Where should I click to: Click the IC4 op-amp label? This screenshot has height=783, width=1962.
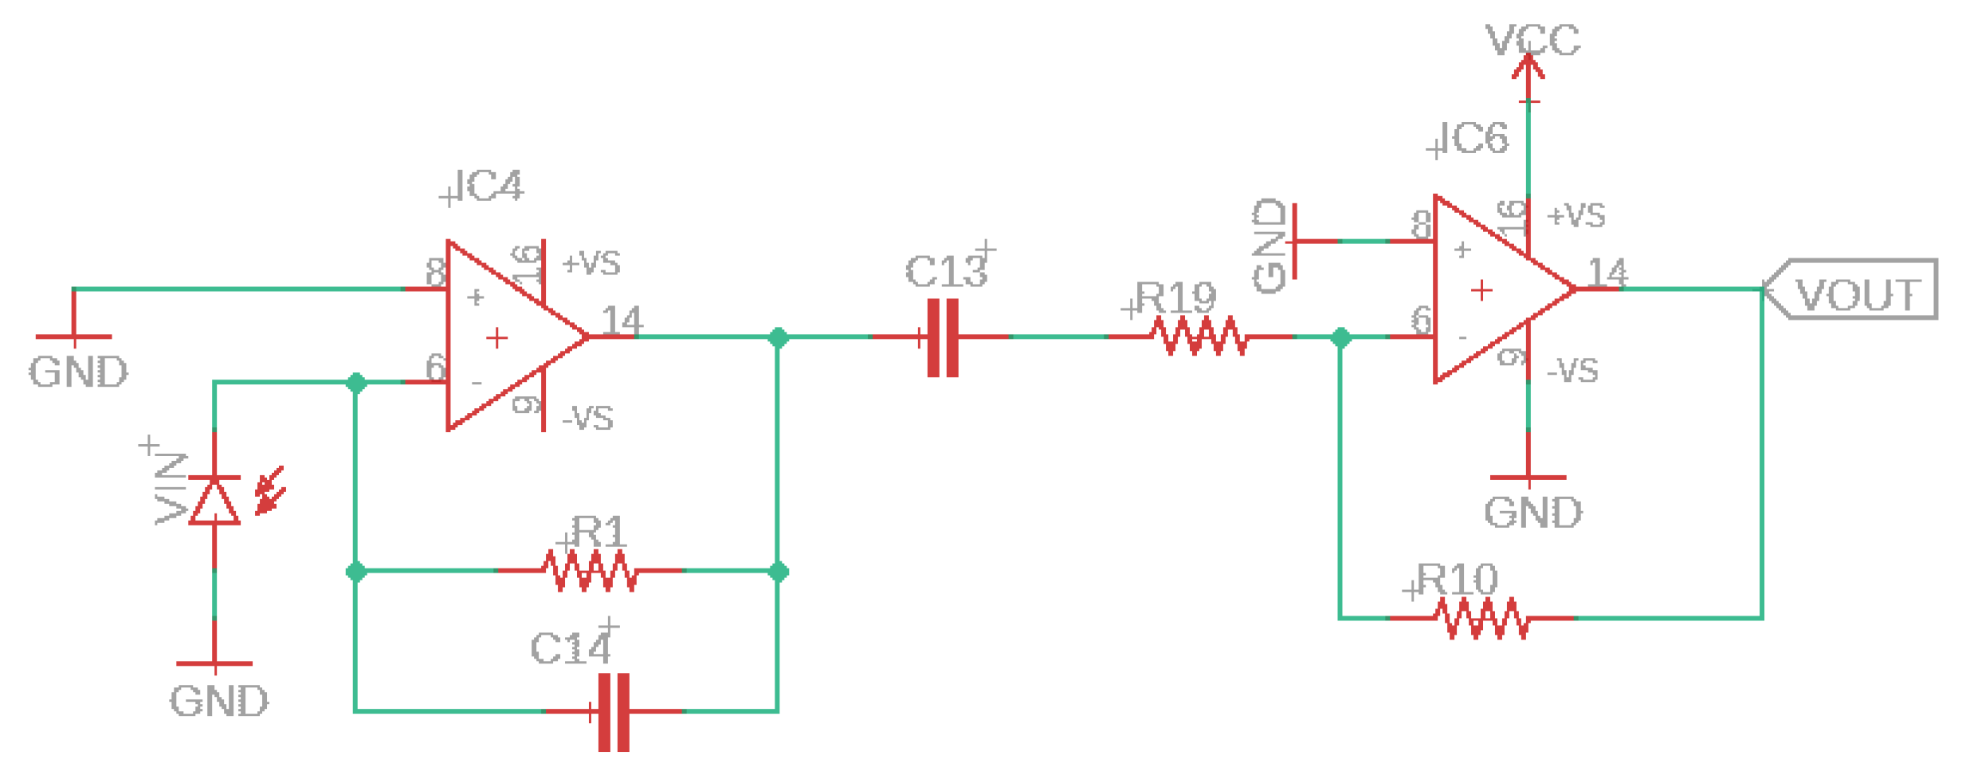tap(488, 186)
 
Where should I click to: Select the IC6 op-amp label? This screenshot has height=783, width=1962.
tap(1475, 139)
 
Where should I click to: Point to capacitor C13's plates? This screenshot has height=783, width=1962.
tap(943, 337)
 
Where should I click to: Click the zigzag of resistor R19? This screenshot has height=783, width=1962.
tap(1199, 336)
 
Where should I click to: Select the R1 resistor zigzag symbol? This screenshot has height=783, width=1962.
tap(590, 571)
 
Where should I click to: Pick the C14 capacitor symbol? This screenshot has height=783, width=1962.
tap(614, 711)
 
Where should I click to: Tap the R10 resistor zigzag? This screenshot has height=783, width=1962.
tap(1481, 618)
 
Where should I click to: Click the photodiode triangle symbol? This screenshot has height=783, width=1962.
tap(214, 502)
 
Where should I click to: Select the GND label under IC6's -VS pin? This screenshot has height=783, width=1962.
tap(1532, 513)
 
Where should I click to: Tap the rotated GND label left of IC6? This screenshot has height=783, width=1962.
tap(1269, 246)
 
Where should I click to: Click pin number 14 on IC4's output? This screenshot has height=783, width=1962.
tap(622, 321)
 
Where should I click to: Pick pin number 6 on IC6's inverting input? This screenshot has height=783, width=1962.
tap(1421, 321)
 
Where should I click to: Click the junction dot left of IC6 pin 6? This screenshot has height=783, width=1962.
tap(1341, 337)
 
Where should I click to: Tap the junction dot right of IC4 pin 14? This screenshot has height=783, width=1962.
tap(779, 337)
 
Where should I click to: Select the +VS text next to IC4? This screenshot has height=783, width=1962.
tap(591, 263)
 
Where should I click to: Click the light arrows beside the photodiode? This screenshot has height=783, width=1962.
tap(270, 491)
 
